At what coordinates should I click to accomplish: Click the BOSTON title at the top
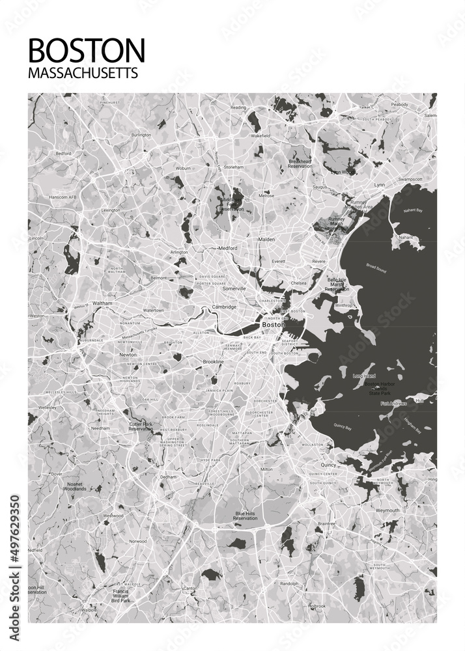[x=87, y=50]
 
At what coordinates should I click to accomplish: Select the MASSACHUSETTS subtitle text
[x=83, y=73]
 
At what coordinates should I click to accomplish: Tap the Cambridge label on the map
[x=223, y=307]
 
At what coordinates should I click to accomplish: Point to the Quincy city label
[x=328, y=465]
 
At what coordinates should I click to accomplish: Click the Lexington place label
[x=110, y=210]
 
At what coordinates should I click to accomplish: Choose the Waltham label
[x=102, y=303]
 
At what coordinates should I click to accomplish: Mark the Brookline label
[x=213, y=361]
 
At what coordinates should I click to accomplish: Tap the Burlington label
[x=141, y=135]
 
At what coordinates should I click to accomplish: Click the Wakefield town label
[x=261, y=136]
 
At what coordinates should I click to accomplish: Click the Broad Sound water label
[x=376, y=268]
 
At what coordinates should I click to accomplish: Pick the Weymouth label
[x=387, y=510]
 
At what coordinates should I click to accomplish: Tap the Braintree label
[x=326, y=523]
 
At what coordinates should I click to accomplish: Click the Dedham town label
[x=168, y=477]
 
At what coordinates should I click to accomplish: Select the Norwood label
[x=137, y=541]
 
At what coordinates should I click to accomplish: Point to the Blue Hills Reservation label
[x=246, y=516]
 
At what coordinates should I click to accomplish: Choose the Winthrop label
[x=343, y=305]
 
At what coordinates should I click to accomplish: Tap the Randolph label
[x=289, y=584]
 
